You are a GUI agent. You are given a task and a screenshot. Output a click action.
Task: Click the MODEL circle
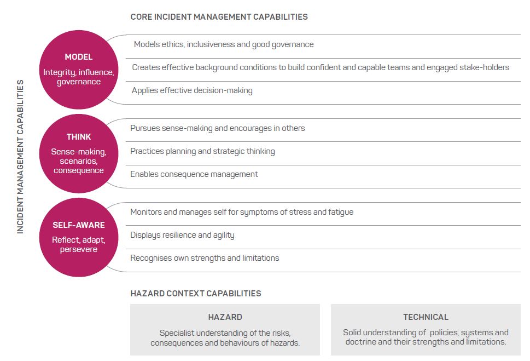pyautogui.click(x=79, y=70)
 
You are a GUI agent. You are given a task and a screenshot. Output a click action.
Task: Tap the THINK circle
pyautogui.click(x=79, y=153)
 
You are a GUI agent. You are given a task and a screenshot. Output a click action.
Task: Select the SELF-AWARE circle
pyautogui.click(x=79, y=237)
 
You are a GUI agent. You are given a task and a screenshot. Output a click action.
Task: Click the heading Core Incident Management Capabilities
pyautogui.click(x=219, y=17)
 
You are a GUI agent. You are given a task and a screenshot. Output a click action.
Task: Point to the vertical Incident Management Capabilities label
pyautogui.click(x=20, y=157)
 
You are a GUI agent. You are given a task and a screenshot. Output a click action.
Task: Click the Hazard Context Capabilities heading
pyautogui.click(x=196, y=293)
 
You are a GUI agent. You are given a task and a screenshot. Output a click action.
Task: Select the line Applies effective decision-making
pyautogui.click(x=192, y=91)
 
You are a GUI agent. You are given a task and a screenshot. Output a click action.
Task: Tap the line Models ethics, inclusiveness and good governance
pyautogui.click(x=224, y=45)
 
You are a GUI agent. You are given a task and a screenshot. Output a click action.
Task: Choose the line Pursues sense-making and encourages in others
pyautogui.click(x=217, y=128)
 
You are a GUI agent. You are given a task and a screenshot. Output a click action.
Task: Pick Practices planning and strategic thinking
pyautogui.click(x=202, y=151)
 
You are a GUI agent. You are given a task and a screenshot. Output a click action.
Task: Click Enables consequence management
pyautogui.click(x=194, y=174)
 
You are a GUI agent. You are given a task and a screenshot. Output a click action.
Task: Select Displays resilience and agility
pyautogui.click(x=182, y=236)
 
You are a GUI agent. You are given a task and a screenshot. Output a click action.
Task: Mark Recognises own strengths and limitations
pyautogui.click(x=205, y=258)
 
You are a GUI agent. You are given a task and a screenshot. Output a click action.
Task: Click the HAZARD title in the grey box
pyautogui.click(x=225, y=317)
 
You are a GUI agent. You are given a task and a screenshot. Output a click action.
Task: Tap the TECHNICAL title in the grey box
pyautogui.click(x=426, y=317)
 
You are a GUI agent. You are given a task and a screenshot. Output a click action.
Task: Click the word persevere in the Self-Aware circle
pyautogui.click(x=79, y=250)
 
